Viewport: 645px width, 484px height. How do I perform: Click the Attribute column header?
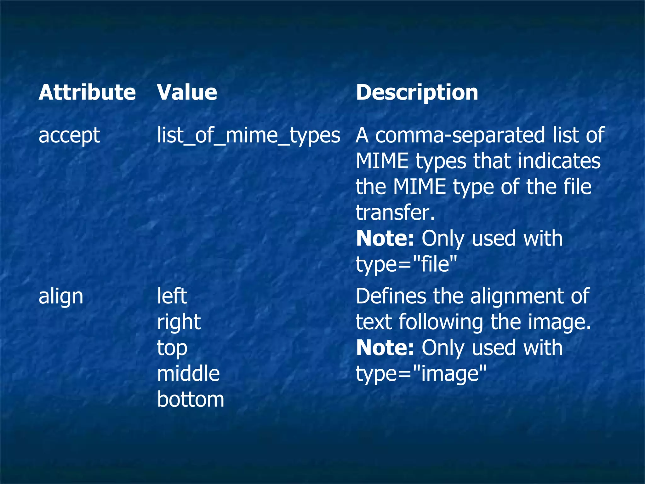[87, 92]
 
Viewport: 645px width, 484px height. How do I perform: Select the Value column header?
[187, 92]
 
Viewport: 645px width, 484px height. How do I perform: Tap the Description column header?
[417, 92]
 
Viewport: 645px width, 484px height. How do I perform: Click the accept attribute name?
[69, 135]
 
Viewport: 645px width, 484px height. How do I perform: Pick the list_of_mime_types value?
[248, 135]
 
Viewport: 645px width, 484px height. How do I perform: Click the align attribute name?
[61, 297]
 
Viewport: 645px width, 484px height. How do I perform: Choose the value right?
[179, 322]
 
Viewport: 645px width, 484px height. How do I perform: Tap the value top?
[172, 348]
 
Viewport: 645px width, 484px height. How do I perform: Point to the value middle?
[188, 374]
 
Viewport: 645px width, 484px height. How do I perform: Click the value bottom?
[191, 400]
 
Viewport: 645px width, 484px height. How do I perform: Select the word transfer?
[395, 213]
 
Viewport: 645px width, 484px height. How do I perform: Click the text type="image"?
[421, 374]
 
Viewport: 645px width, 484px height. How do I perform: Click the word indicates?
[559, 161]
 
